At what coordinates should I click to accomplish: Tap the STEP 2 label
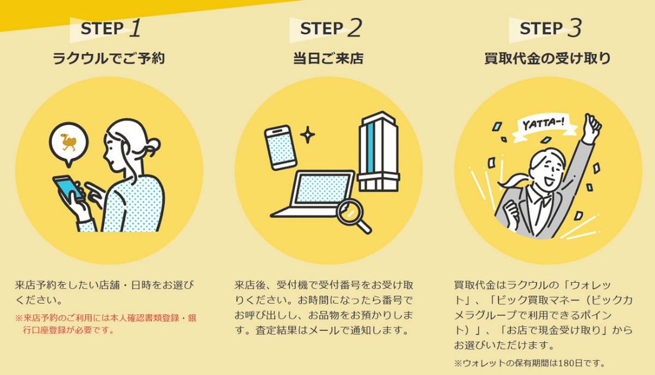coord(330,28)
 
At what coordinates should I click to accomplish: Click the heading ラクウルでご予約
coord(108,58)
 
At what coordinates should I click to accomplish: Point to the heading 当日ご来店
coord(328,58)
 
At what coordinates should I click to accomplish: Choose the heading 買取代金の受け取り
coord(547,58)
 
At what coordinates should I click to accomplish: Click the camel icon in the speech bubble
coord(68,142)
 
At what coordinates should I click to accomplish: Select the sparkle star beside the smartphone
coord(307,135)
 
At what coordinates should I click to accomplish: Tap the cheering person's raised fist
coord(592,126)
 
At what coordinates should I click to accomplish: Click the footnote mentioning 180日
coord(529,362)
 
